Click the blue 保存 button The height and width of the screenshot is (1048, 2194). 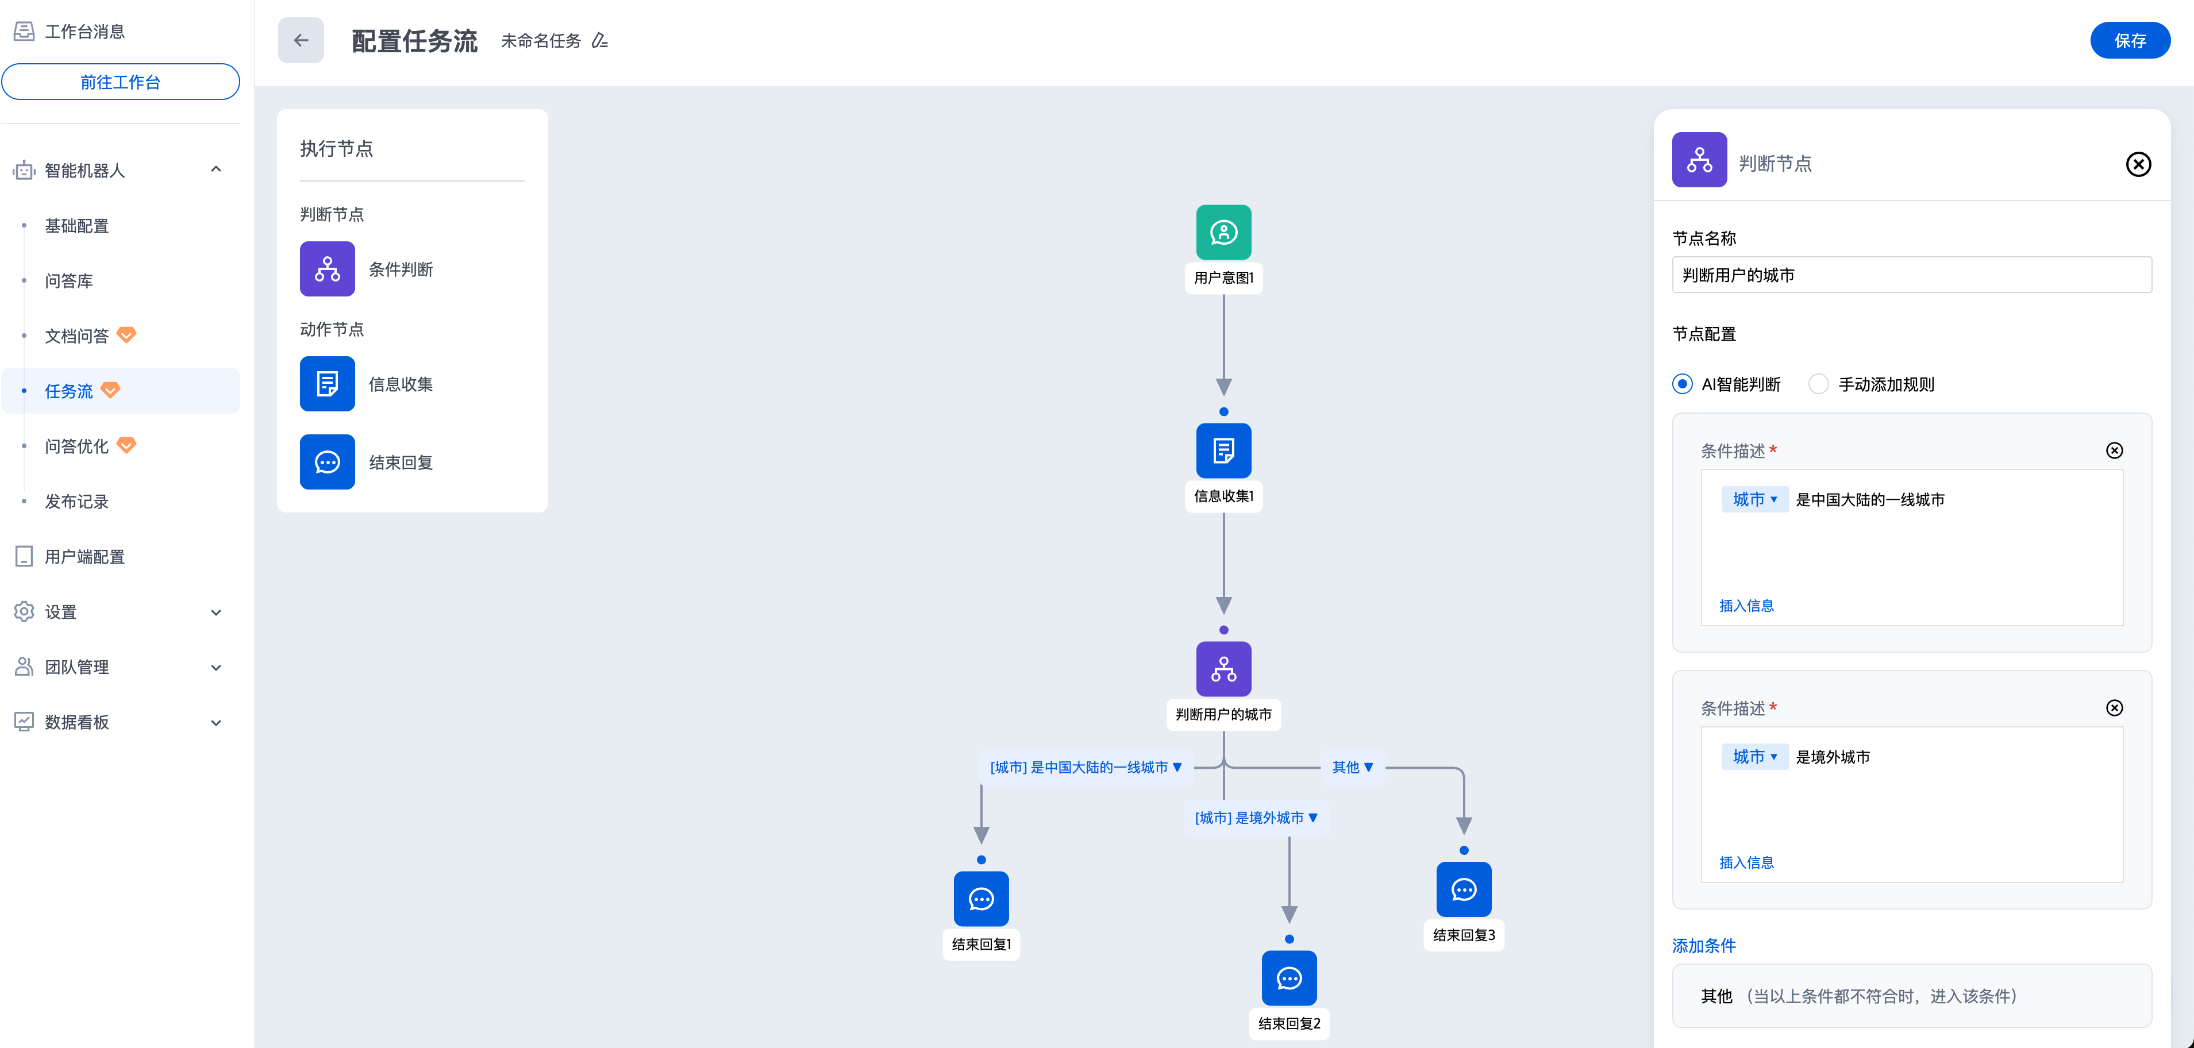[x=2129, y=41]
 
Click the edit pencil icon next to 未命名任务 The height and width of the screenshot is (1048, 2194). [x=599, y=41]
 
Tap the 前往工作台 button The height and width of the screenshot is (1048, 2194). [x=120, y=82]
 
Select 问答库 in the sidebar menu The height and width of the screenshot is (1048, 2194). [x=69, y=281]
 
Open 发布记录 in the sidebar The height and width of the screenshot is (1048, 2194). [x=76, y=502]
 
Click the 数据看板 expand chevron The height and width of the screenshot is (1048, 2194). [x=216, y=723]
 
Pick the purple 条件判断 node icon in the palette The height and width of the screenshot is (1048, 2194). [x=327, y=269]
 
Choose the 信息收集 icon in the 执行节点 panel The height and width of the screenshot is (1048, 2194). [x=327, y=384]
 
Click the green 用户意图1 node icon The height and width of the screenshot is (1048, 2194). [x=1223, y=233]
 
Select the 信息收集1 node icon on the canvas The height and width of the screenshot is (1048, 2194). [x=1223, y=450]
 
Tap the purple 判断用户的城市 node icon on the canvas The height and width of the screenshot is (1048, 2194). [x=1223, y=669]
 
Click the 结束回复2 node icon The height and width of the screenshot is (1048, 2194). [x=1288, y=978]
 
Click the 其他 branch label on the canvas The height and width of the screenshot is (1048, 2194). [x=1352, y=767]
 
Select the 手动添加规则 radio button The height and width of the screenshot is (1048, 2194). [x=1818, y=384]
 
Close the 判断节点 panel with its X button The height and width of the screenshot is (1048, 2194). [x=2138, y=164]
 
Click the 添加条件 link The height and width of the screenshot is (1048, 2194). [x=1703, y=946]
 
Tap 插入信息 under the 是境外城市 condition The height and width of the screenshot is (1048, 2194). [x=1746, y=862]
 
